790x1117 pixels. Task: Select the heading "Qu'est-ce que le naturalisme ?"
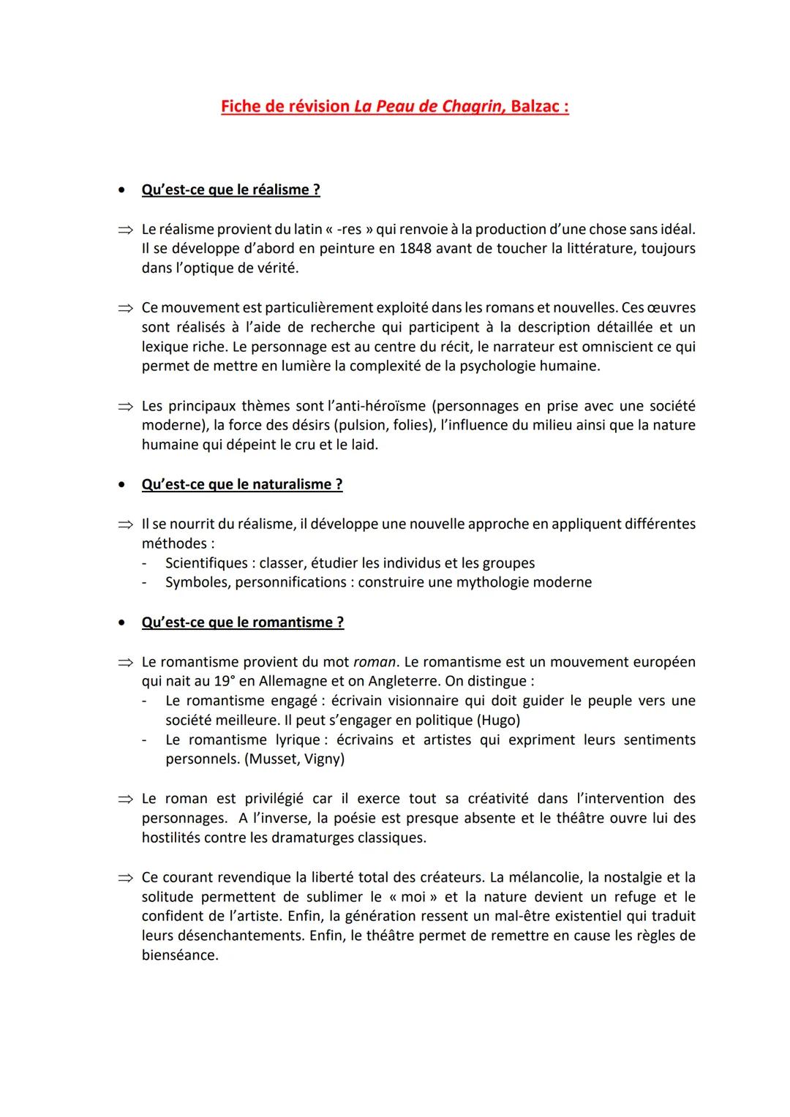click(242, 484)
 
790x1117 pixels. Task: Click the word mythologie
click(500, 582)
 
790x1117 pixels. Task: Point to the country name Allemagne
click(293, 681)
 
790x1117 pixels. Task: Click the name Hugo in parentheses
click(499, 720)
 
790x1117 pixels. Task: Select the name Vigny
click(322, 759)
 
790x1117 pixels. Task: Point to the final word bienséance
click(179, 955)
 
